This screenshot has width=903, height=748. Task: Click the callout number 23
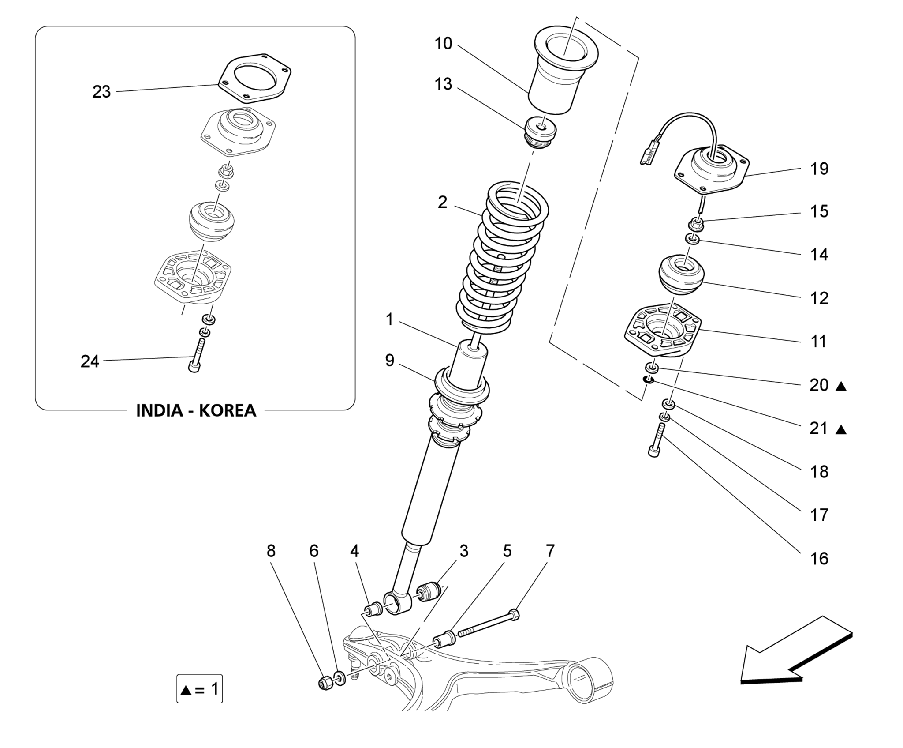[101, 92]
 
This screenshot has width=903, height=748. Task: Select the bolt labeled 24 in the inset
[197, 355]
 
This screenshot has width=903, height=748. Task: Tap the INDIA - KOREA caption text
[196, 410]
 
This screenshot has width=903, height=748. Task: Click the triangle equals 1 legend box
[199, 688]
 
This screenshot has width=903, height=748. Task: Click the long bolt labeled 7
[487, 624]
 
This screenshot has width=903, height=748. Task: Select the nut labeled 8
[325, 683]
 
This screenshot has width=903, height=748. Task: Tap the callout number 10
[443, 44]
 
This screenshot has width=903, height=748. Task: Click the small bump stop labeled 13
[541, 132]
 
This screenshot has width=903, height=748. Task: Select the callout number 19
[819, 169]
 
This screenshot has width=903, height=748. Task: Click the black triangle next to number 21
[841, 429]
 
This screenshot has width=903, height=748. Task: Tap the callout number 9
[390, 360]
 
